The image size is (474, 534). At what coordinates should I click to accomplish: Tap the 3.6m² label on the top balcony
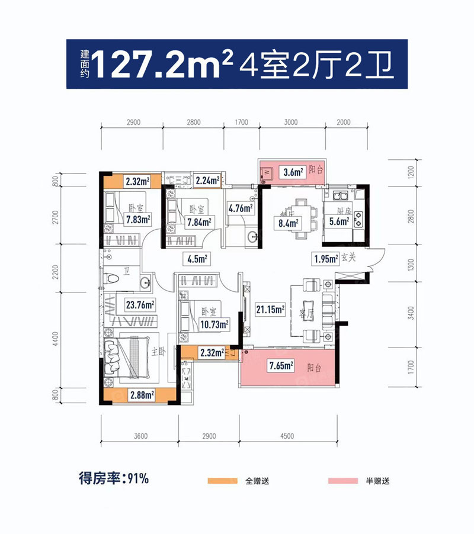click(x=293, y=172)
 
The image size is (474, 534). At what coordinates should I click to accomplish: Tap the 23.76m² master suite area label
click(x=140, y=305)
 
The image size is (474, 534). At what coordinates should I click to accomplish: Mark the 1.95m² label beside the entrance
click(x=326, y=258)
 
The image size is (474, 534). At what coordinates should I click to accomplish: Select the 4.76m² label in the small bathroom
click(x=241, y=207)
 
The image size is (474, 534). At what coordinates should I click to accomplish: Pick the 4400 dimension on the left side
click(x=56, y=339)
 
